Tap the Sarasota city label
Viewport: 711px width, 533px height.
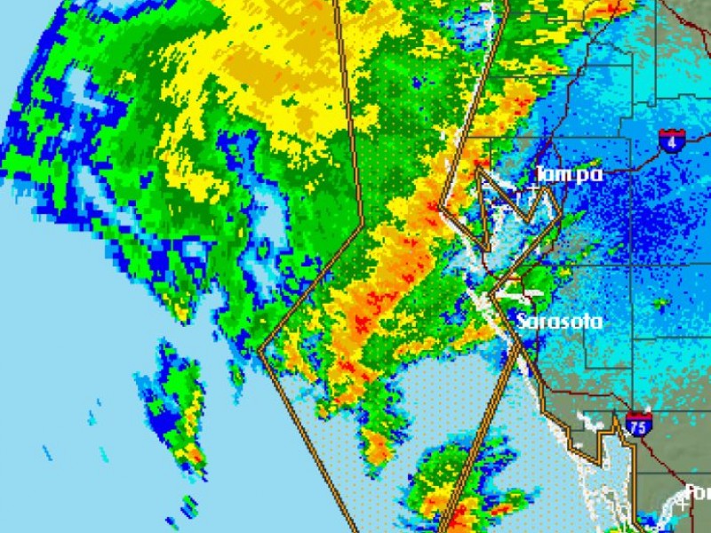point(560,322)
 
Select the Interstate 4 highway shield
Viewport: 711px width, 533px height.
point(671,140)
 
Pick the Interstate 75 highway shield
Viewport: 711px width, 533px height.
point(638,424)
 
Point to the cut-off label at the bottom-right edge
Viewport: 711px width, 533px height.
point(698,493)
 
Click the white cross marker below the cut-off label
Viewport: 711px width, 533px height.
point(683,505)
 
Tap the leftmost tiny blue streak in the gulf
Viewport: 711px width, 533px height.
point(46,453)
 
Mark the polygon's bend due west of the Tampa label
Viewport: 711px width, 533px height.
point(442,211)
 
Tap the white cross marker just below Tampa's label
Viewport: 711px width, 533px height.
point(532,189)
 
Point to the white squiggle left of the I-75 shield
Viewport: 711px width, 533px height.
point(587,418)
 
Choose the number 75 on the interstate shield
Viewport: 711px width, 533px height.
point(638,426)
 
